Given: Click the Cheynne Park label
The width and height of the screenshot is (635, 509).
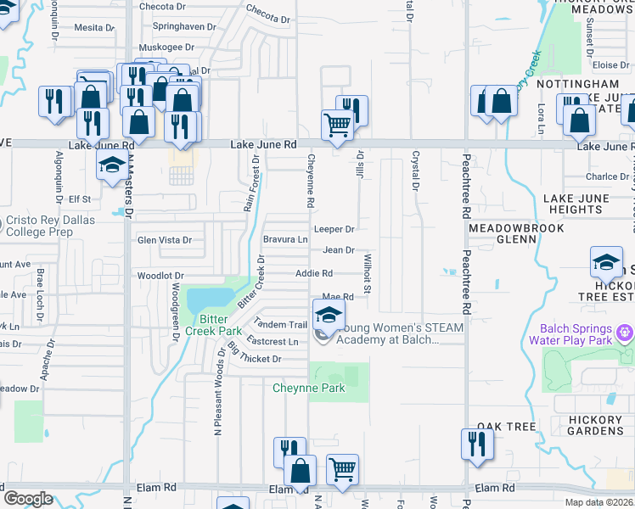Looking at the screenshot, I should [x=309, y=389].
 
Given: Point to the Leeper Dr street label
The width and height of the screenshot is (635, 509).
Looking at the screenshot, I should [x=334, y=229].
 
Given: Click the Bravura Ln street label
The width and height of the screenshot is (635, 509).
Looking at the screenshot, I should [x=284, y=240].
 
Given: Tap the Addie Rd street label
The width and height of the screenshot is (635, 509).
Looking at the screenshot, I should [x=313, y=273].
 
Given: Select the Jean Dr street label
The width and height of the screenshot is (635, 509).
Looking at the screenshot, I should [x=338, y=250].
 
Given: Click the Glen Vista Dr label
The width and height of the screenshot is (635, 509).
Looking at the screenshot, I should [x=165, y=240].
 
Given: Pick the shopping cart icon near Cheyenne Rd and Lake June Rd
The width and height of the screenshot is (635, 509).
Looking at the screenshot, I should [x=337, y=126].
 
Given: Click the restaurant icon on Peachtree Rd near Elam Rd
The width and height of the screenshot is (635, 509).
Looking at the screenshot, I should [x=477, y=445].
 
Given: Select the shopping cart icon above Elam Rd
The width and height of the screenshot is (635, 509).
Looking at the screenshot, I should [x=342, y=469].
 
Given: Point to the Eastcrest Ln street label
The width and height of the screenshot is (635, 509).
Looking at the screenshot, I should [x=272, y=341].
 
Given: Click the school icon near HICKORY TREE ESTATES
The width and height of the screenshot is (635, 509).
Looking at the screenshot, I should [x=607, y=263].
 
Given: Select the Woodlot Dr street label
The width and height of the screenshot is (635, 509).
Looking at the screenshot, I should [x=160, y=277].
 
